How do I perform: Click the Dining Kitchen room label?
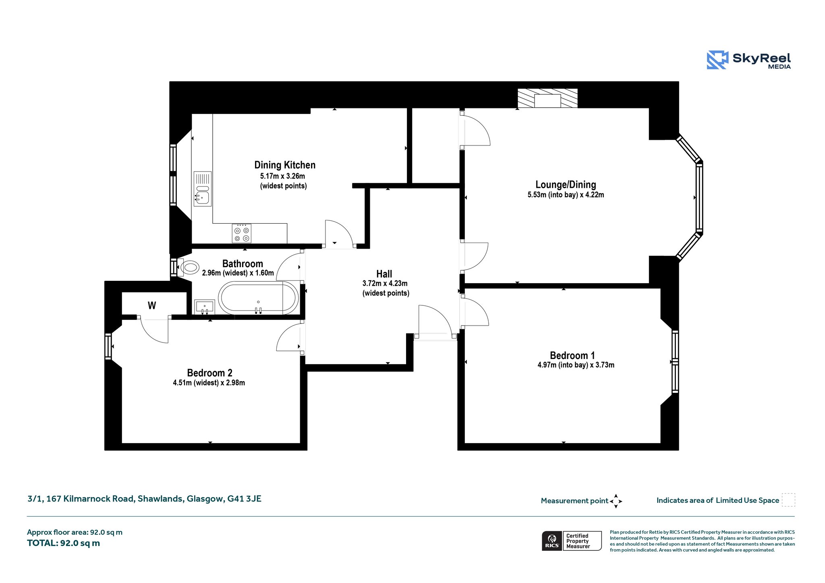(x=285, y=165)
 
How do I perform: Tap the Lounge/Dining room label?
(x=566, y=185)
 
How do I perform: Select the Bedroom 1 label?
(x=572, y=355)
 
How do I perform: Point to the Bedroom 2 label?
(x=209, y=373)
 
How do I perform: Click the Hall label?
(x=384, y=274)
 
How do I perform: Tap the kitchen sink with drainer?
(x=202, y=189)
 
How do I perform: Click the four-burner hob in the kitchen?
(x=242, y=234)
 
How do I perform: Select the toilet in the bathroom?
(x=188, y=267)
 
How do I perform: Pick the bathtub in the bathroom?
(x=258, y=298)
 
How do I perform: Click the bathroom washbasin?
(x=205, y=307)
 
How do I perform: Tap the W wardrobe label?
(x=152, y=305)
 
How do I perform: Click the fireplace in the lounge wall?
(x=547, y=99)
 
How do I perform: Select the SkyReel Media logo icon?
(x=717, y=60)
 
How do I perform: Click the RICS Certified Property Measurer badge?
(x=572, y=541)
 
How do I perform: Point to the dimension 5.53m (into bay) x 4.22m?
(x=566, y=195)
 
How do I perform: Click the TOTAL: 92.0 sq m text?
(x=63, y=543)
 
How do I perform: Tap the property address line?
(x=144, y=499)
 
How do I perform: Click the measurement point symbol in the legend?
(x=616, y=501)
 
